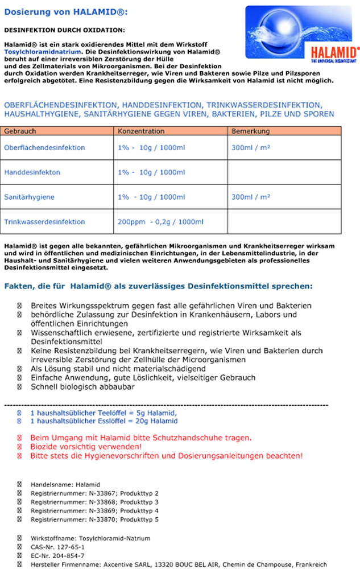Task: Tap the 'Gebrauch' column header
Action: [x=20, y=131]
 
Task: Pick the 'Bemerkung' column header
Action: [x=250, y=131]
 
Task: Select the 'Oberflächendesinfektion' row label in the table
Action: [x=44, y=148]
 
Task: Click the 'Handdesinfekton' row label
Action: [x=32, y=172]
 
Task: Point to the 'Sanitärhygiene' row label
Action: [x=30, y=197]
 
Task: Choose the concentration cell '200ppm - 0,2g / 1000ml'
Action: [x=160, y=222]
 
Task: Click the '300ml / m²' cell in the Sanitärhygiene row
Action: [x=251, y=197]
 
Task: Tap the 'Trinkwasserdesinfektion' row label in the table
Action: [x=44, y=222]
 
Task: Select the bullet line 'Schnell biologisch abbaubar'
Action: [x=82, y=387]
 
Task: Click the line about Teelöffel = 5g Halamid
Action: [x=104, y=413]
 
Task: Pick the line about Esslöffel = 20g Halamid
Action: [x=104, y=421]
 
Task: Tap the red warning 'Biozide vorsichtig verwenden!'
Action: [x=86, y=447]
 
